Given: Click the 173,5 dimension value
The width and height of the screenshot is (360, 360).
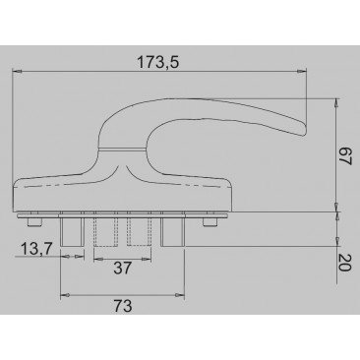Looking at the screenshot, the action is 157,62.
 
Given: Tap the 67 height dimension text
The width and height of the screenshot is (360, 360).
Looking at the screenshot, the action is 344,156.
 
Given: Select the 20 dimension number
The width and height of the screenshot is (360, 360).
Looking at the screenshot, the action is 344,263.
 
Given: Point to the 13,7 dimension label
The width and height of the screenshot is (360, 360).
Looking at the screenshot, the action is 35,249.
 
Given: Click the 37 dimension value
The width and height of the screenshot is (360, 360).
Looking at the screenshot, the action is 122,269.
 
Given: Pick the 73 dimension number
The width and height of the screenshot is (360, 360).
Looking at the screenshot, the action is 123,306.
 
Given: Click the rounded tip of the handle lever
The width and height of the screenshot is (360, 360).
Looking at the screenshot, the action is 303,130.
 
